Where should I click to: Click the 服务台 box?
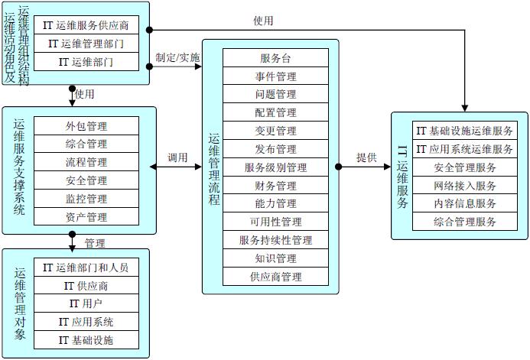pos(275,58)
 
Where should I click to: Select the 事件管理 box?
pos(275,76)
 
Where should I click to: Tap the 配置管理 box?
pos(275,112)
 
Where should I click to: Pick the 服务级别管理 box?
pos(275,167)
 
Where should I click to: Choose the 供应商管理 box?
pos(275,277)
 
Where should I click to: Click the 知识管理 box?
pos(275,258)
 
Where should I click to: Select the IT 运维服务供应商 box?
pos(91,25)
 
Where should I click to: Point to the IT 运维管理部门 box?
pos(91,44)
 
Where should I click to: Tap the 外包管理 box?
pos(86,126)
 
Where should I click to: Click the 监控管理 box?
pos(86,199)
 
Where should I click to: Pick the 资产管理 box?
pos(86,217)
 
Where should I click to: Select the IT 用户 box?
pos(86,303)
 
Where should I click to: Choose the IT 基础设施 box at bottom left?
pos(86,340)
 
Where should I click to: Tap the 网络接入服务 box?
pos(465,186)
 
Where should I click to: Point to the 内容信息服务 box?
pos(465,204)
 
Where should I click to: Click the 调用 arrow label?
pos(177,157)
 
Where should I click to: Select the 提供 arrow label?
pos(366,157)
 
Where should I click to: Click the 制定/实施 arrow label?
pos(177,57)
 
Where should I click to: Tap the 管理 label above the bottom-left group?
pos(95,244)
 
